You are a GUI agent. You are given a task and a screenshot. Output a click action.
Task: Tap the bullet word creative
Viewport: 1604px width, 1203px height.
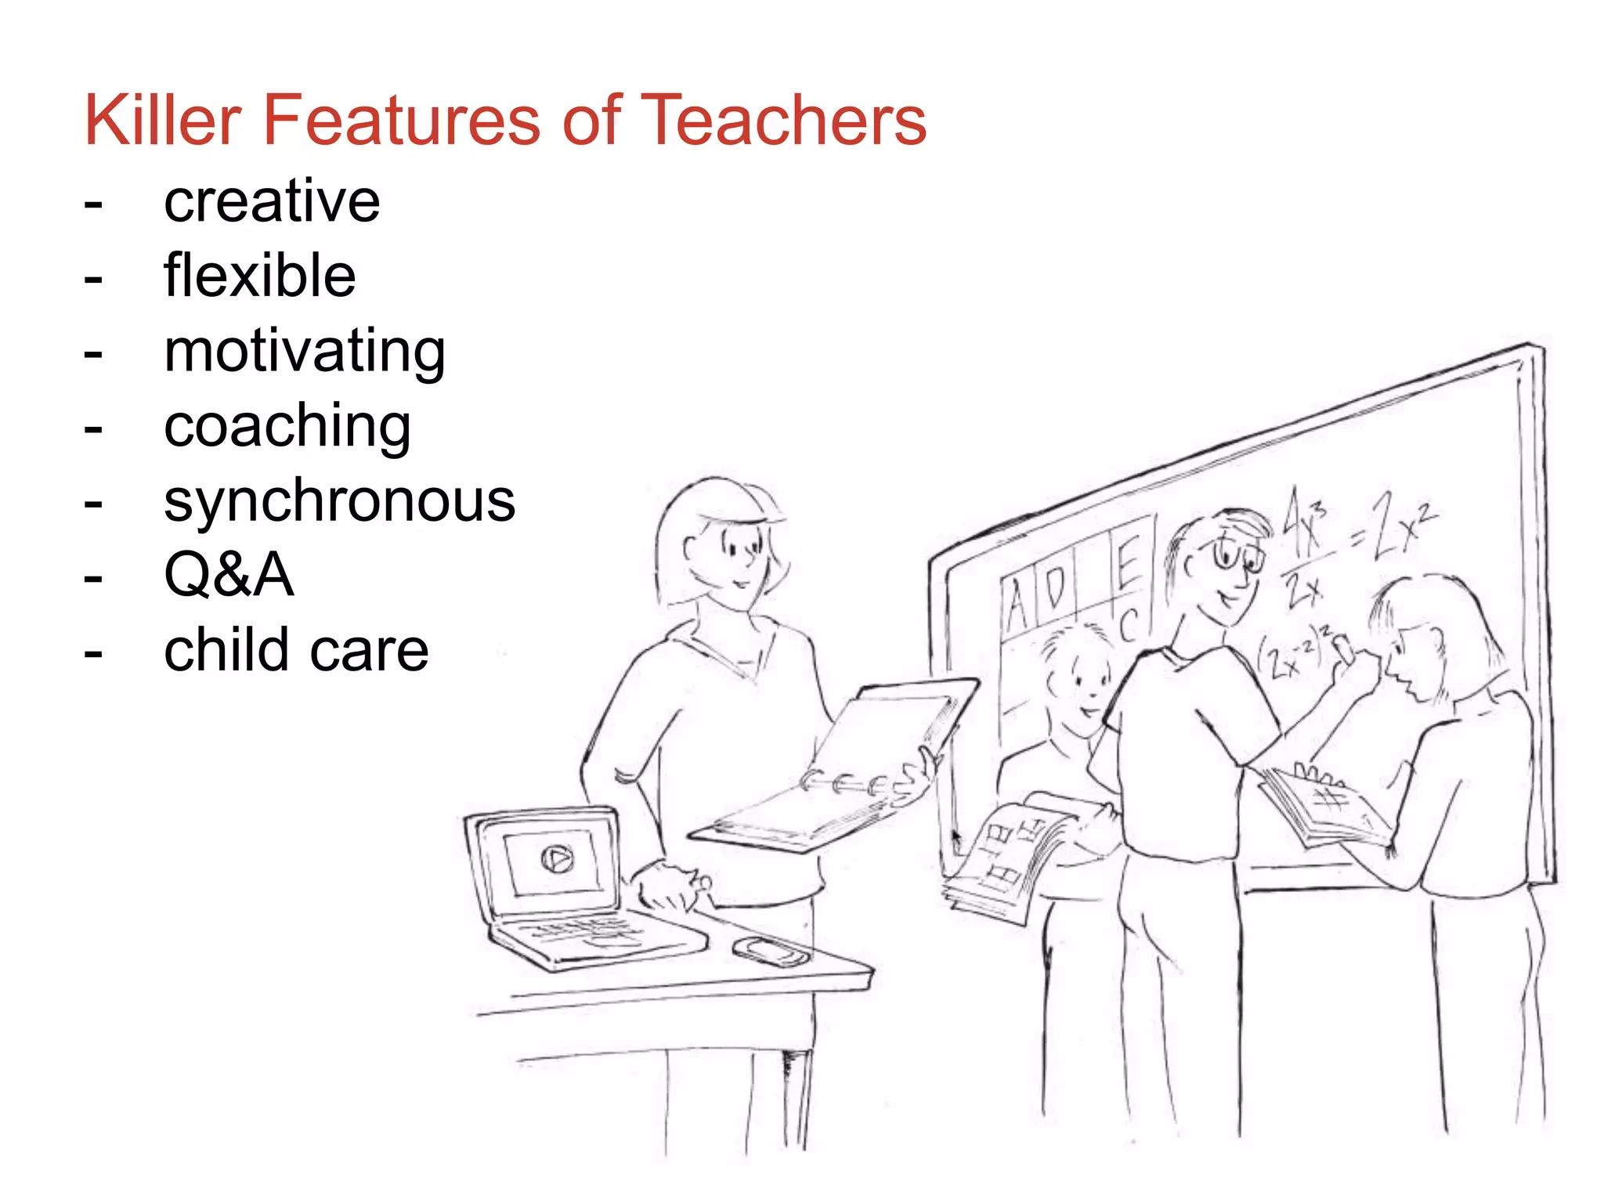coord(272,201)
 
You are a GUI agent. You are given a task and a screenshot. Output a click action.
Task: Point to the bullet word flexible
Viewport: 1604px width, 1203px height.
coord(259,276)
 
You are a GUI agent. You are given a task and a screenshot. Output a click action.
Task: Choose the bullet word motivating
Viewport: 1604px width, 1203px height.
coord(305,352)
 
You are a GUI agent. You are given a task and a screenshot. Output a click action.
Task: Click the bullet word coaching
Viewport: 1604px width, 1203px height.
coord(287,427)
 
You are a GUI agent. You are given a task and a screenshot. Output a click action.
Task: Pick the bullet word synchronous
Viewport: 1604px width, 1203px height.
coord(339,501)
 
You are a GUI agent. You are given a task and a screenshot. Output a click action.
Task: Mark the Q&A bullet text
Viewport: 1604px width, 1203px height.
coord(229,576)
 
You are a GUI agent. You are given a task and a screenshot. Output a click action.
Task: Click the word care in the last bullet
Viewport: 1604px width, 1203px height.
coord(383,651)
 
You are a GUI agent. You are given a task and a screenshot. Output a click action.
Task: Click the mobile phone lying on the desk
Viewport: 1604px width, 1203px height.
coord(771,951)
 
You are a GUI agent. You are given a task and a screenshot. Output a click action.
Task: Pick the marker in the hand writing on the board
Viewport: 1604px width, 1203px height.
coord(1344,648)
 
